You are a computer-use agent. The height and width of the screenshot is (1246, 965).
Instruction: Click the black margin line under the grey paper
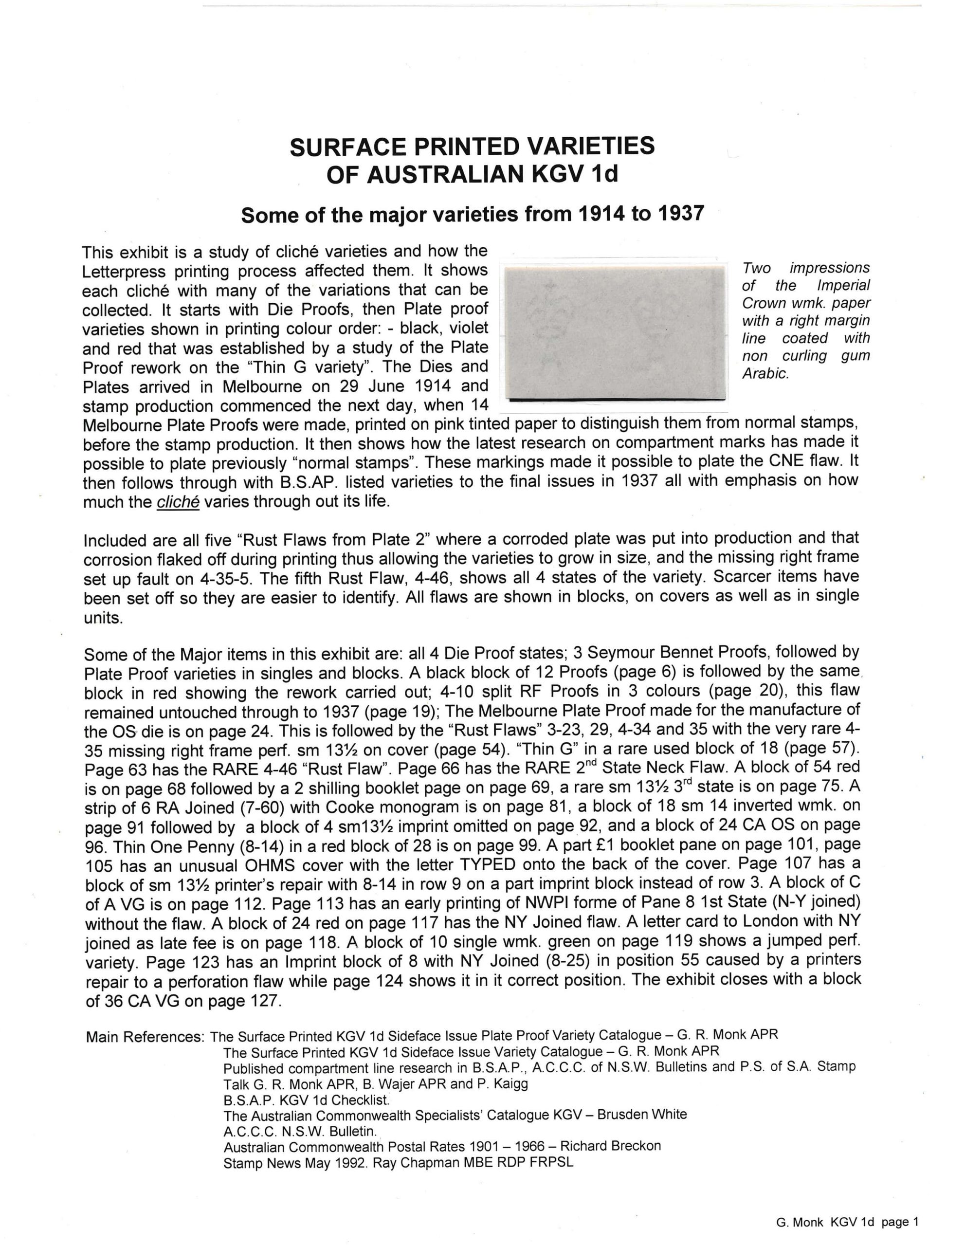coord(613,401)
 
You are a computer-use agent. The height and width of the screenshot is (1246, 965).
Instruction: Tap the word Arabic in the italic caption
coord(765,375)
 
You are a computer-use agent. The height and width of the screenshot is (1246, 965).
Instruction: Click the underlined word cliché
coord(178,503)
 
